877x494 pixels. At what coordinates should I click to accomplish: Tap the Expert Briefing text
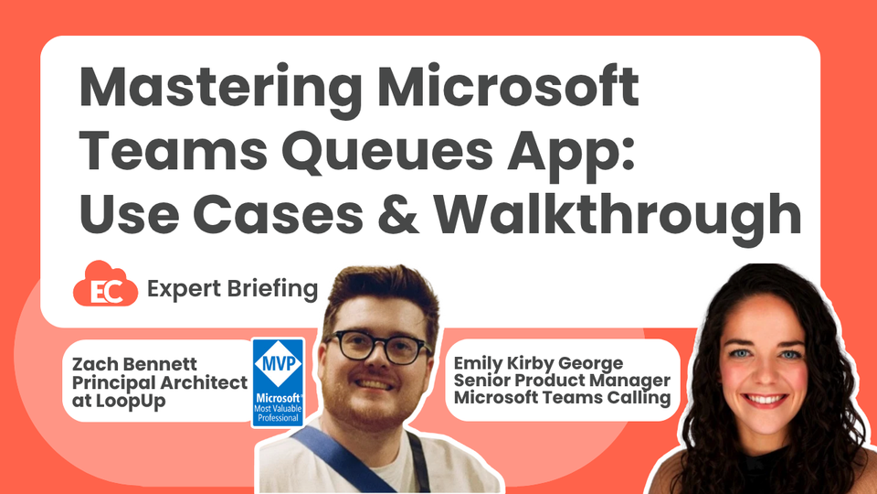pos(232,290)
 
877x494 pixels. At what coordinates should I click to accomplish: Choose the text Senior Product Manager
pos(562,380)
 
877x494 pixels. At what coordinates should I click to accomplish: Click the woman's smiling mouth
pos(766,400)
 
